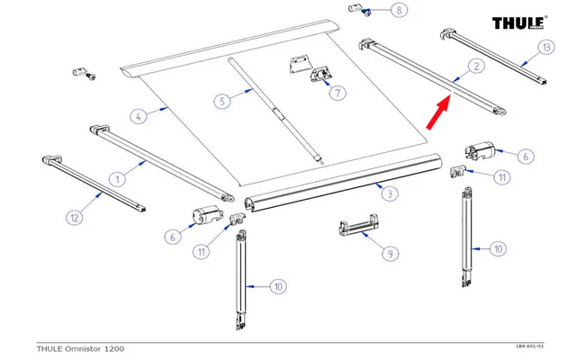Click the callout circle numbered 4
pos(138,115)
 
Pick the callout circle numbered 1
pos(117,177)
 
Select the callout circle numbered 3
pos(388,193)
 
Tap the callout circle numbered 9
pos(389,254)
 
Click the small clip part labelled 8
pos(358,11)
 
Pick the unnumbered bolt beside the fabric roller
pos(80,72)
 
